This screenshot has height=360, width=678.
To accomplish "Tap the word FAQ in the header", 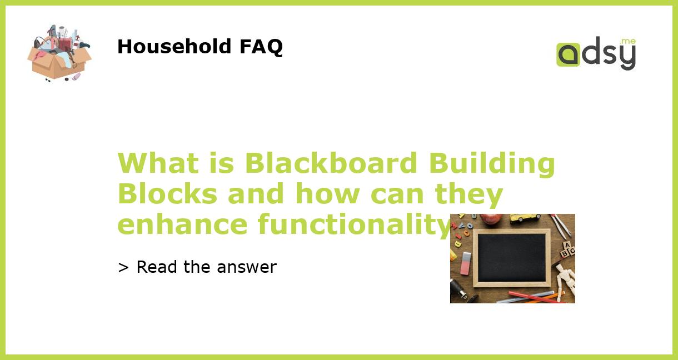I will click(x=261, y=47).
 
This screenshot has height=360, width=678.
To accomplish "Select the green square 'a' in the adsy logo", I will click(x=568, y=55).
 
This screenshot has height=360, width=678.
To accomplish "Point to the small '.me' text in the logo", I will click(x=627, y=41).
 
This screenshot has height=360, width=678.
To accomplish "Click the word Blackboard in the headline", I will click(x=331, y=163).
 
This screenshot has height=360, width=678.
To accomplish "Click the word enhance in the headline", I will click(x=182, y=224).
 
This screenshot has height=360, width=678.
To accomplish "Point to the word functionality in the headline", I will click(x=353, y=225).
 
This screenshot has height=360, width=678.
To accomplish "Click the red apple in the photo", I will click(x=491, y=218).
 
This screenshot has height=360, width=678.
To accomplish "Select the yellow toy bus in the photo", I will click(x=525, y=218).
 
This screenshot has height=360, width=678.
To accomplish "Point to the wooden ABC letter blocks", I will click(x=567, y=249).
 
